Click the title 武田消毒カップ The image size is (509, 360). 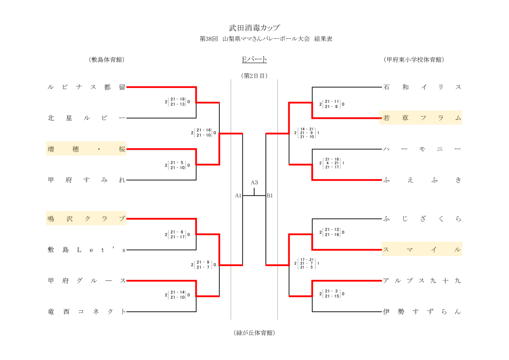tap(254, 28)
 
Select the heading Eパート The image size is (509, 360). tap(254, 60)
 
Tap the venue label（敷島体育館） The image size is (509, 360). tap(106, 60)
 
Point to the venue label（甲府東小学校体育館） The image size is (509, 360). tap(414, 60)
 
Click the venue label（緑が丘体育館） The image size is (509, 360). tap(254, 333)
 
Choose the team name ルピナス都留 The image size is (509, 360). tap(86, 87)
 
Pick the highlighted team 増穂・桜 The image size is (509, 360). tap(86, 149)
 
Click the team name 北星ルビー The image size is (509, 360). tap(86, 118)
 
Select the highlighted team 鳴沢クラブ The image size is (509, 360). tap(86, 218)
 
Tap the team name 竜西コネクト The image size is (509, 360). tap(86, 312)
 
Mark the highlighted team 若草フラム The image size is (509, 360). tap(422, 118)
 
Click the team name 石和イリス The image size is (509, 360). tap(422, 87)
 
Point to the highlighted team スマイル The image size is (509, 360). tap(422, 250)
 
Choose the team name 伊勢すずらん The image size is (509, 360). tap(422, 312)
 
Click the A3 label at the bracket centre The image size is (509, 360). tap(254, 182)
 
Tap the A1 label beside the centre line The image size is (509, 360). tap(238, 196)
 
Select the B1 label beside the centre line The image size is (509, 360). tap(270, 196)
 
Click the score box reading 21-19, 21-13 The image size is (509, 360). tap(177, 102)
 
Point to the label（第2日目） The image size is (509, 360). tap(254, 76)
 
